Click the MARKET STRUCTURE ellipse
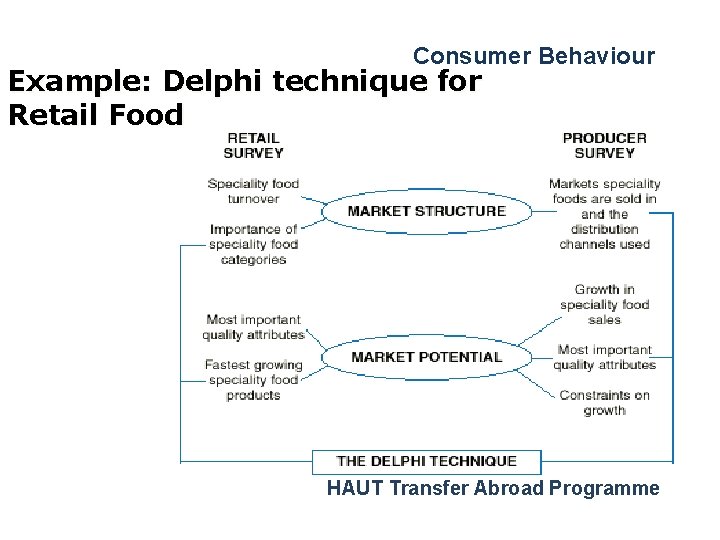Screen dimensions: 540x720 427,211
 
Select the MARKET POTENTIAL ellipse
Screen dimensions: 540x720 427,357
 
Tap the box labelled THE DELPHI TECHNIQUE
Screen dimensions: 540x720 427,461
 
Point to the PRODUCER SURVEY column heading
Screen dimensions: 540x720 604,145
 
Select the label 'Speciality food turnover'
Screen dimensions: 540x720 254,191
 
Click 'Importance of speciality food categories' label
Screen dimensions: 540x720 254,244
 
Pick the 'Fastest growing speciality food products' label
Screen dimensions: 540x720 253,380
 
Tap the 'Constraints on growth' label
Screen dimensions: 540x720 604,402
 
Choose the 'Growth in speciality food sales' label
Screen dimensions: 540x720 604,304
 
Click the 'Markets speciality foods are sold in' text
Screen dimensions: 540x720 604,191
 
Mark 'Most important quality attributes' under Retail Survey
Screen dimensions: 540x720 253,327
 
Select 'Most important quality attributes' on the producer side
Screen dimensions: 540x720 604,357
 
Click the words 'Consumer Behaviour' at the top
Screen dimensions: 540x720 534,56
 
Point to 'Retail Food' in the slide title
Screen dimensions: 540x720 95,115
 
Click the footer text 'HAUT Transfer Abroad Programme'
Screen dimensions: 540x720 493,488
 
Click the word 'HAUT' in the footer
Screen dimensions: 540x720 355,488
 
